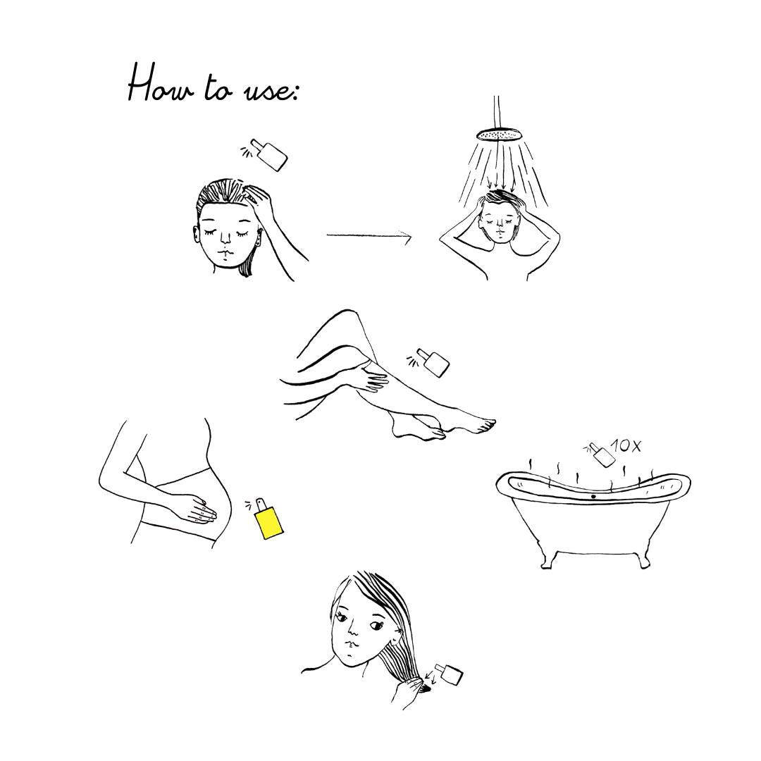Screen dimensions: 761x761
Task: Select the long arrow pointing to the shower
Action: pos(369,236)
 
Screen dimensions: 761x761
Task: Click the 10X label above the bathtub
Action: pos(626,445)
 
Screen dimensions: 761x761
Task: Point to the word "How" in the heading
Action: pos(160,87)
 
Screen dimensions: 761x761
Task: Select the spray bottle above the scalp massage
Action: pos(268,155)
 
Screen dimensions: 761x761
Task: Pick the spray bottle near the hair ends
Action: pos(448,674)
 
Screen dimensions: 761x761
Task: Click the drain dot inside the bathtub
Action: pos(593,497)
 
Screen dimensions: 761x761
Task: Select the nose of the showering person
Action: pos(497,228)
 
